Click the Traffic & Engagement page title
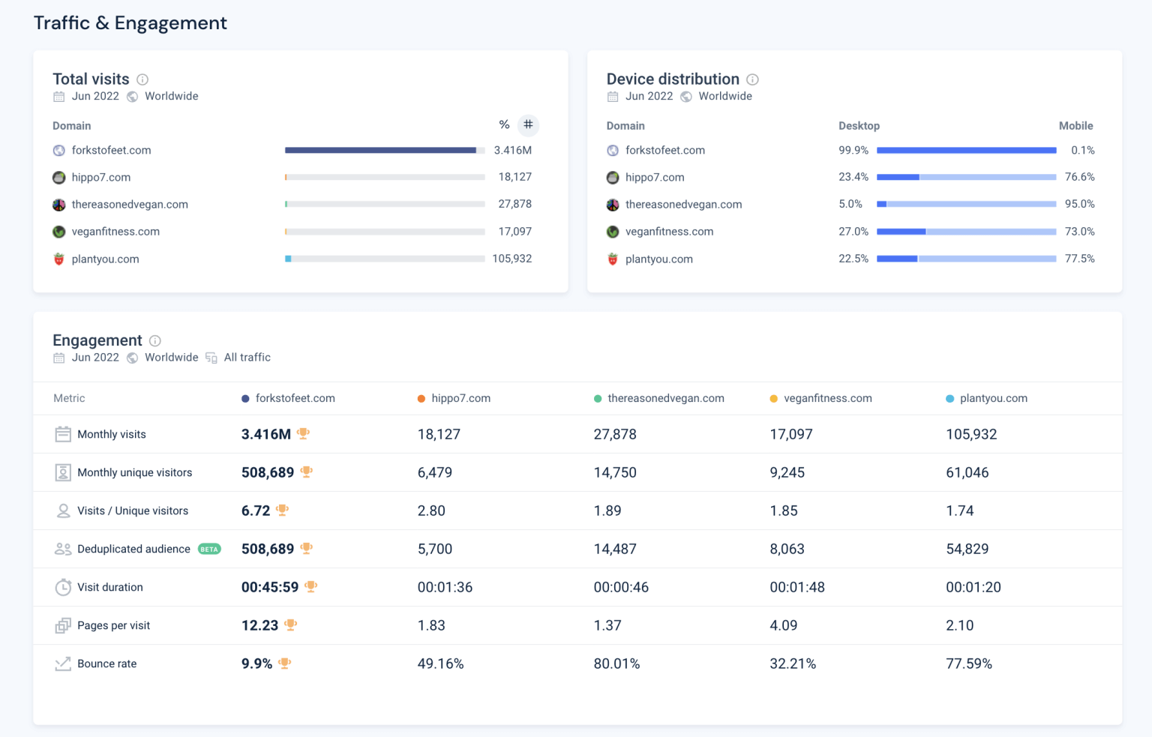tap(130, 23)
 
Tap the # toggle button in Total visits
tap(528, 124)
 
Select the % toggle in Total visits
tap(504, 124)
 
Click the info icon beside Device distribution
tap(752, 79)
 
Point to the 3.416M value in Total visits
tap(512, 150)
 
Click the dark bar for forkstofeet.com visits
tap(380, 150)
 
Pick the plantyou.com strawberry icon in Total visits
tap(59, 259)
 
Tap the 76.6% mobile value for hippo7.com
tap(1079, 177)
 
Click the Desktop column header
tap(859, 126)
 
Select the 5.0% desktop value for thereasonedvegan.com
tap(850, 204)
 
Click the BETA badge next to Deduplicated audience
tap(209, 549)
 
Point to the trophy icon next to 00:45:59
tap(310, 586)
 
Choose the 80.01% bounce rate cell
tap(616, 664)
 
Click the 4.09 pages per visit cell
tap(783, 625)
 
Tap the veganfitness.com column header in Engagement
tap(827, 398)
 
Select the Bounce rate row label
tap(106, 664)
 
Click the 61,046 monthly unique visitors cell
tap(967, 472)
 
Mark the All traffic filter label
tap(247, 358)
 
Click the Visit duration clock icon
tap(63, 587)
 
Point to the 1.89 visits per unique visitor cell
tap(607, 511)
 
